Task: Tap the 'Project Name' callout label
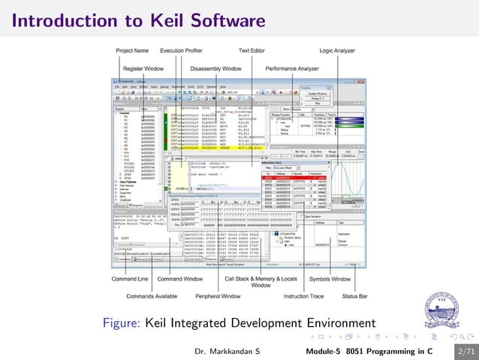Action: [x=132, y=50]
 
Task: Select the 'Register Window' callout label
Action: [x=143, y=68]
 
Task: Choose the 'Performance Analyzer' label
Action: [x=291, y=68]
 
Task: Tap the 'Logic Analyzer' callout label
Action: [x=338, y=50]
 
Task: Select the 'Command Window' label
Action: [x=178, y=279]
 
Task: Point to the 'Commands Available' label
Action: [x=147, y=295]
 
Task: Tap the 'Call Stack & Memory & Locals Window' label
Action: [x=261, y=282]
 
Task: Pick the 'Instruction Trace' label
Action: [x=303, y=295]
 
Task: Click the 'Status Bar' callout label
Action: [x=355, y=295]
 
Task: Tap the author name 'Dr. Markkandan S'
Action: [x=227, y=351]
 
